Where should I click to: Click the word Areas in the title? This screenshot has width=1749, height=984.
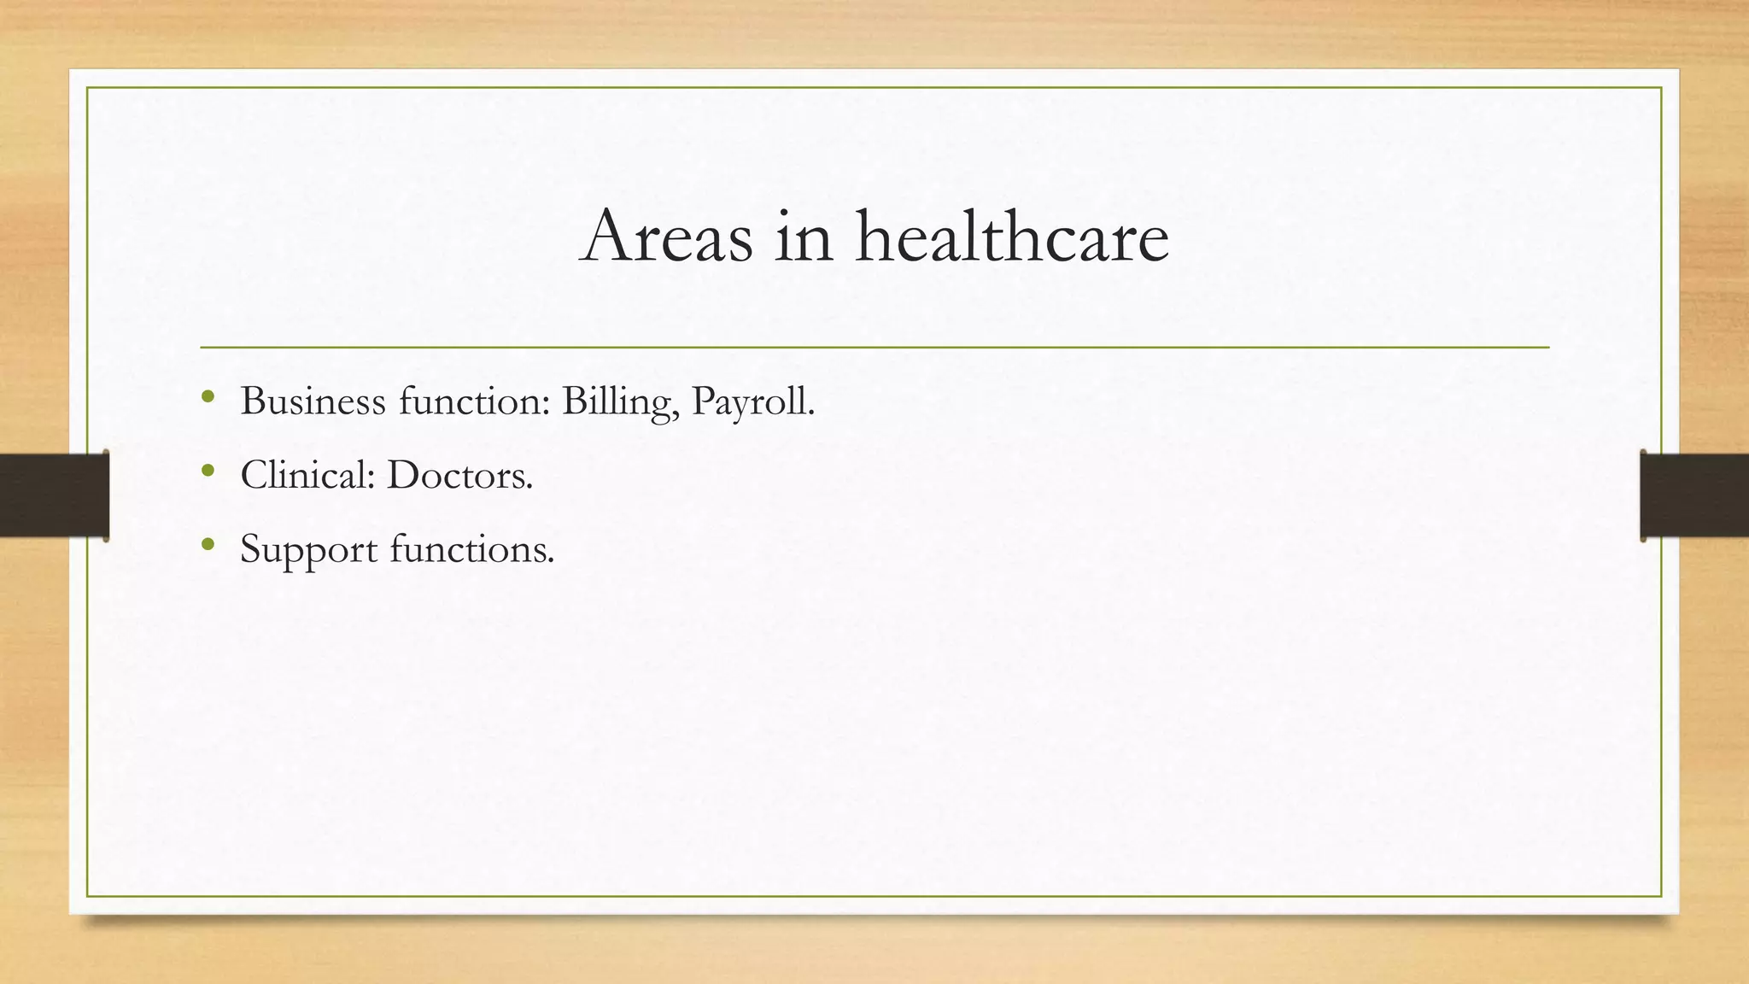666,237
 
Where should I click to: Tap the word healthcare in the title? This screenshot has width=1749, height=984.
1012,237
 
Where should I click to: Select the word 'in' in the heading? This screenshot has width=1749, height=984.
803,237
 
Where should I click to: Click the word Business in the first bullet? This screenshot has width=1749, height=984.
313,401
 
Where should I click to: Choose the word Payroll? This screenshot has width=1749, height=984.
752,402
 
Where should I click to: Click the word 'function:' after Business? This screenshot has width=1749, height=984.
474,401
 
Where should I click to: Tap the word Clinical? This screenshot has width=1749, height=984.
307,475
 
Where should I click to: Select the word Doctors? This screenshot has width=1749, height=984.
459,475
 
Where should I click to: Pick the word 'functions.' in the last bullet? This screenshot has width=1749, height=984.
472,548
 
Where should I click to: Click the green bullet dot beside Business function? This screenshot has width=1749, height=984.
208,396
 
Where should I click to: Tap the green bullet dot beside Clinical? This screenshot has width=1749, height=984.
208,470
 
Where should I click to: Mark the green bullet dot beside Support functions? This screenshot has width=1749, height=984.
208,543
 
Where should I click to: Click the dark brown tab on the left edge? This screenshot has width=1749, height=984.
54,495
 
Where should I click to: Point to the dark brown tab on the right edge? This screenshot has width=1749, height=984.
1694,495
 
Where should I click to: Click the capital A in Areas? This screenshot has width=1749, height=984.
607,237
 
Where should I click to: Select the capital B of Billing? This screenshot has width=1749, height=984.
573,401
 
